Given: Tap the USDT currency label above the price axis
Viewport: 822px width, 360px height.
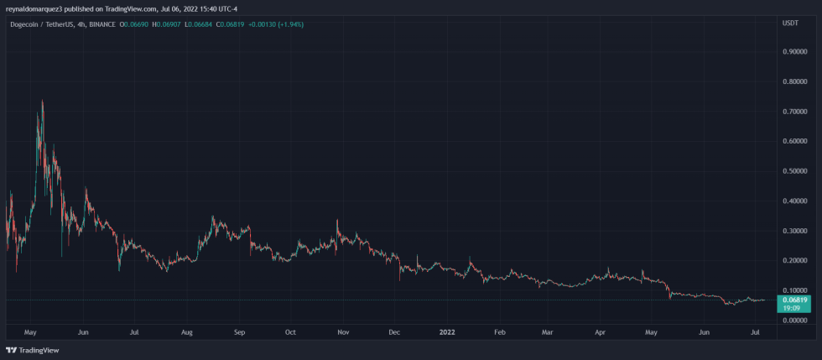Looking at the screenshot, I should tap(789, 24).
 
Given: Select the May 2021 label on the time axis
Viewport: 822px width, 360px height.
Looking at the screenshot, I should tap(32, 332).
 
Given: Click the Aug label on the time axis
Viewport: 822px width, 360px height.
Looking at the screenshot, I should tap(187, 332).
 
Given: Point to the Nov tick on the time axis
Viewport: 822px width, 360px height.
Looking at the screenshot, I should tap(343, 332).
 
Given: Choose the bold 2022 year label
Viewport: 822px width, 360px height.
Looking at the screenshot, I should tap(446, 332).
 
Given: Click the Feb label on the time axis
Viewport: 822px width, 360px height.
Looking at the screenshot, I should tap(499, 332).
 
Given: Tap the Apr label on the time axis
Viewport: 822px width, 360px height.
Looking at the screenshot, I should tap(600, 332).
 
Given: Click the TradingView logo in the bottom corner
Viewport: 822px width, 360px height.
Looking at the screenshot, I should tap(26, 350).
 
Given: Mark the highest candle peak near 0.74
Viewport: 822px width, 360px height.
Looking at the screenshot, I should tap(42, 100).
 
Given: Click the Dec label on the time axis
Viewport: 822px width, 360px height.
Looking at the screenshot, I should tap(394, 332).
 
